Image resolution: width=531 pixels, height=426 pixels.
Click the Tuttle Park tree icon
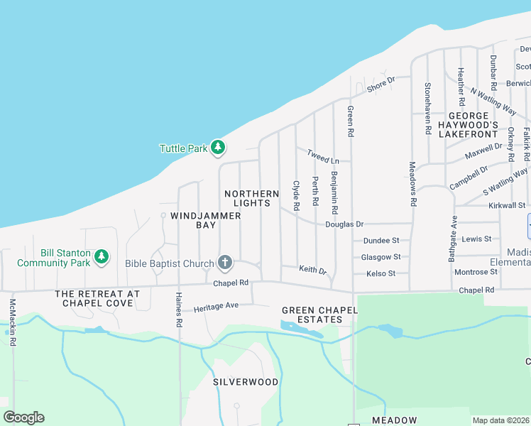point(219,148)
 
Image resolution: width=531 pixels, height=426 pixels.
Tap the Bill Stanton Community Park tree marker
point(102,256)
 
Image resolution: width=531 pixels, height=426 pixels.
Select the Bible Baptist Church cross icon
point(224,263)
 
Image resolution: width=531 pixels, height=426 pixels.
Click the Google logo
point(23,417)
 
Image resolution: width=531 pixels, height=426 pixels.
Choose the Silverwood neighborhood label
point(246,381)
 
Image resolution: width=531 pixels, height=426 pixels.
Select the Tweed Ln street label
point(323,156)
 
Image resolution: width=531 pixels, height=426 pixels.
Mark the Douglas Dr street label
point(344,224)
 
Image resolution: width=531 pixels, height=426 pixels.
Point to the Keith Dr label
point(312,270)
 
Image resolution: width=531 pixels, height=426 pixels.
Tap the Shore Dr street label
point(381,84)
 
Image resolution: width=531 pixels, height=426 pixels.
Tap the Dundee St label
point(381,241)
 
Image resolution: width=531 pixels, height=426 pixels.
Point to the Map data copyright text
point(500,420)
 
